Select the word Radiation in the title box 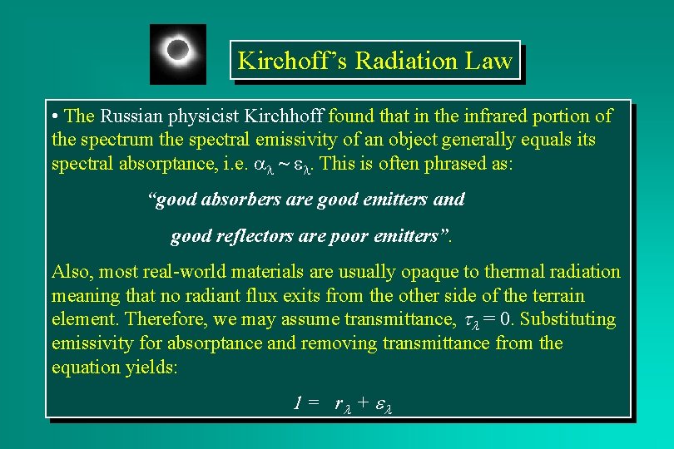(403, 61)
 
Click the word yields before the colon (147, 367)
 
